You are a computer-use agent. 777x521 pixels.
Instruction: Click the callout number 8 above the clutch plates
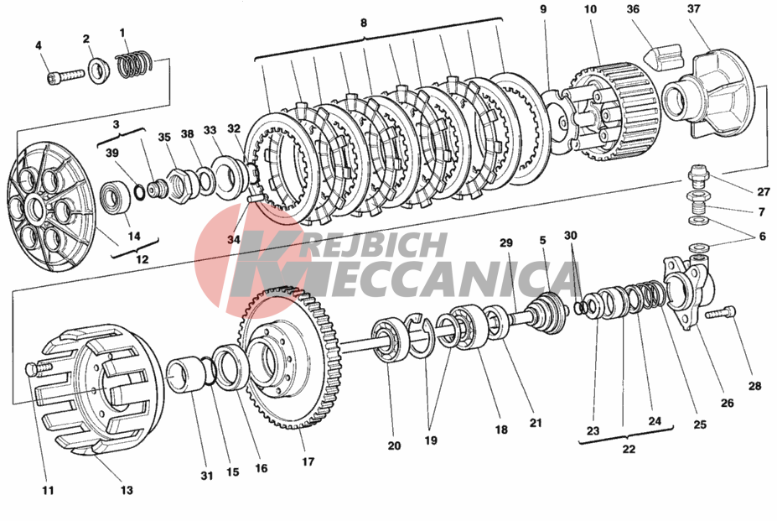(364, 23)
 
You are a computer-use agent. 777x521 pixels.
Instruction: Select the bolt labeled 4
(66, 77)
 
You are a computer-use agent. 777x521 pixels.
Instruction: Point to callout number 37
(694, 8)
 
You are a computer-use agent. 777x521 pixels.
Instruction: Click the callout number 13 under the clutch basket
(127, 490)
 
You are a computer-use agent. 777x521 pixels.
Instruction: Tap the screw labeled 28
(721, 313)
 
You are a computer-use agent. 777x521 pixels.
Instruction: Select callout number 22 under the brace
(629, 449)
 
